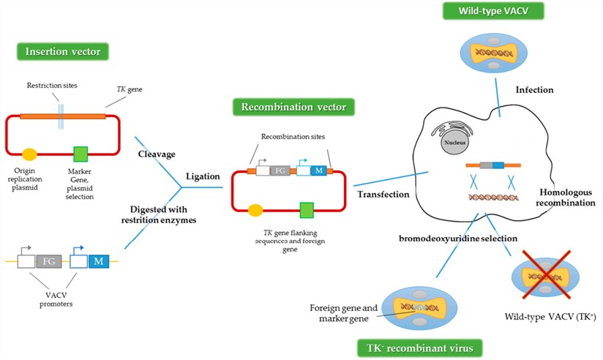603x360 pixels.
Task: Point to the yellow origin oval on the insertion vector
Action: click(x=30, y=154)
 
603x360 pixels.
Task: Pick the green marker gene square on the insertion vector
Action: click(x=82, y=154)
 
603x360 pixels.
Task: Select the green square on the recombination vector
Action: click(x=307, y=211)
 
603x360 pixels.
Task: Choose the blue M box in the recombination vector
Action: click(x=319, y=172)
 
